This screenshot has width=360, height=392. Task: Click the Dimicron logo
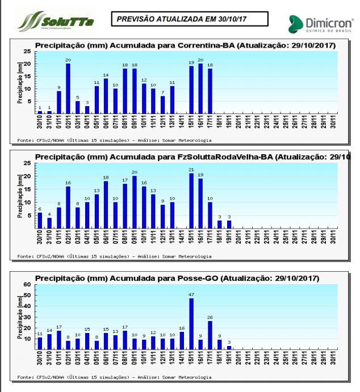[320, 24]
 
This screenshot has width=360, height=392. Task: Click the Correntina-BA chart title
[181, 45]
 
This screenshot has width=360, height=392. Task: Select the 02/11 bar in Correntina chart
[68, 88]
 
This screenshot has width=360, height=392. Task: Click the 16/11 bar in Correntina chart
[200, 88]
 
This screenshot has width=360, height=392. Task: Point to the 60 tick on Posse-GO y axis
[27, 285]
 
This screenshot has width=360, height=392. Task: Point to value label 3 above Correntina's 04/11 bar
[87, 102]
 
